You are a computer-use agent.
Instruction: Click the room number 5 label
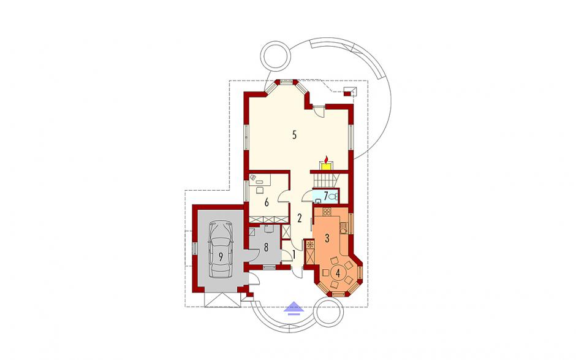click(294, 135)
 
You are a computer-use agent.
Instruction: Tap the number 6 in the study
click(267, 202)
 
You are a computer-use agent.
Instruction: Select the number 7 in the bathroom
click(326, 195)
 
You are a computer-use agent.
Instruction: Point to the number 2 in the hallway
click(300, 218)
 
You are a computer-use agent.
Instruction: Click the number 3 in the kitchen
click(327, 238)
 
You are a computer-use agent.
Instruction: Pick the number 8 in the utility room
click(266, 247)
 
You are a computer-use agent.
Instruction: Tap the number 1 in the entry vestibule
click(294, 254)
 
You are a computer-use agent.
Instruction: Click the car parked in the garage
click(221, 248)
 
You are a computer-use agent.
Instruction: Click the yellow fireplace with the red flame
click(326, 164)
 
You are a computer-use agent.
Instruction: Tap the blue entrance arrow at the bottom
click(294, 308)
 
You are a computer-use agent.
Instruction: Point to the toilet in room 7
click(333, 197)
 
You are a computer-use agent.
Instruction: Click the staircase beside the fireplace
click(324, 180)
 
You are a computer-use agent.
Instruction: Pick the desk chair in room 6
click(260, 190)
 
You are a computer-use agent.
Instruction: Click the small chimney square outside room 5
click(346, 93)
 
